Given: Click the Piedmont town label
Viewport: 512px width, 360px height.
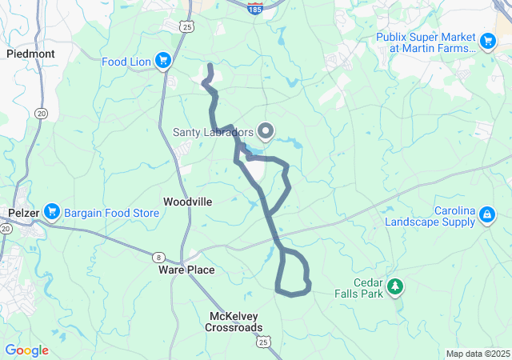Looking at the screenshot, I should tap(30, 54).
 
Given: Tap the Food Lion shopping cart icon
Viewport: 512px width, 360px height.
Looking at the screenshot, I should tap(163, 60).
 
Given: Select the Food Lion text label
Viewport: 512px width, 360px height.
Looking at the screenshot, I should tap(126, 61).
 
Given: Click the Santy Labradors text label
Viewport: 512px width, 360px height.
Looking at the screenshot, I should tap(214, 132).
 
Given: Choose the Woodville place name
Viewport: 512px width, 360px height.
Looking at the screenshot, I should tap(187, 202).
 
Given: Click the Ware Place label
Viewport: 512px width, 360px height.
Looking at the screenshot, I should tap(186, 270).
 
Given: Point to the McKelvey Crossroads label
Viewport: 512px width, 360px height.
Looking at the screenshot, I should tap(233, 322).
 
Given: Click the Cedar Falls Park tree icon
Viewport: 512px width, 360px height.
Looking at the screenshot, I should tap(394, 286).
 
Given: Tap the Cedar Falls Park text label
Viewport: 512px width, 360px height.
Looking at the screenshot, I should tap(363, 288).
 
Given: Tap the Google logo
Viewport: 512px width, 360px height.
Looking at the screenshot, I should tap(26, 350).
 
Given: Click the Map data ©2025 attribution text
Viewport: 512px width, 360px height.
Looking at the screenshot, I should tap(477, 354).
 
